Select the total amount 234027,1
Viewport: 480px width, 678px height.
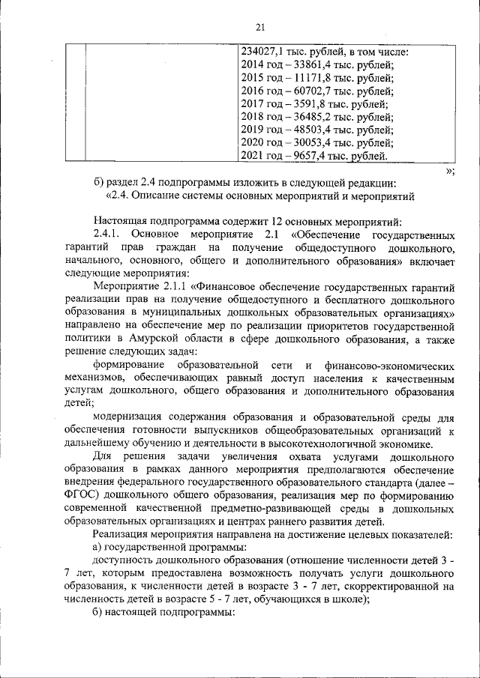point(268,52)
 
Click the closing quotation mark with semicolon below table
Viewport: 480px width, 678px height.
point(450,171)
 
